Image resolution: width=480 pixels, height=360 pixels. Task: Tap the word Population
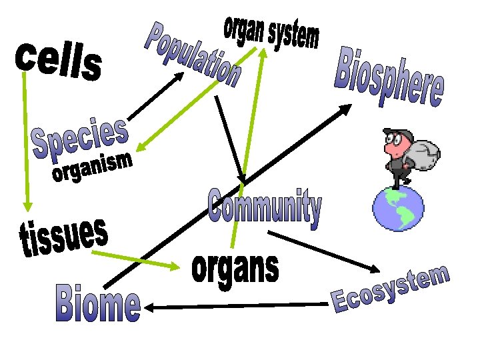(x=193, y=55)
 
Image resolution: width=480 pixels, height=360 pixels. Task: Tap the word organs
(x=235, y=269)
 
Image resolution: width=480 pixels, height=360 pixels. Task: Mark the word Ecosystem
(x=391, y=289)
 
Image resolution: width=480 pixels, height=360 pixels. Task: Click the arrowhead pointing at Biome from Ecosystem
(x=149, y=307)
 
